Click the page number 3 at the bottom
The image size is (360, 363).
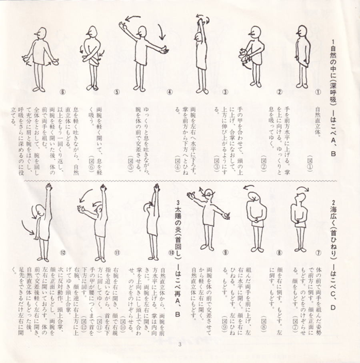click(180, 345)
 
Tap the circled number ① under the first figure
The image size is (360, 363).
click(319, 92)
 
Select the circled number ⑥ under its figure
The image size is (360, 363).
click(62, 92)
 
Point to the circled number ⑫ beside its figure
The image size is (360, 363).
click(62, 252)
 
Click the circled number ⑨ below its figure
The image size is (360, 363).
click(225, 252)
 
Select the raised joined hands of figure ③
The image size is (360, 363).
click(200, 21)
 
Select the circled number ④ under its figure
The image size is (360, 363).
click(169, 92)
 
